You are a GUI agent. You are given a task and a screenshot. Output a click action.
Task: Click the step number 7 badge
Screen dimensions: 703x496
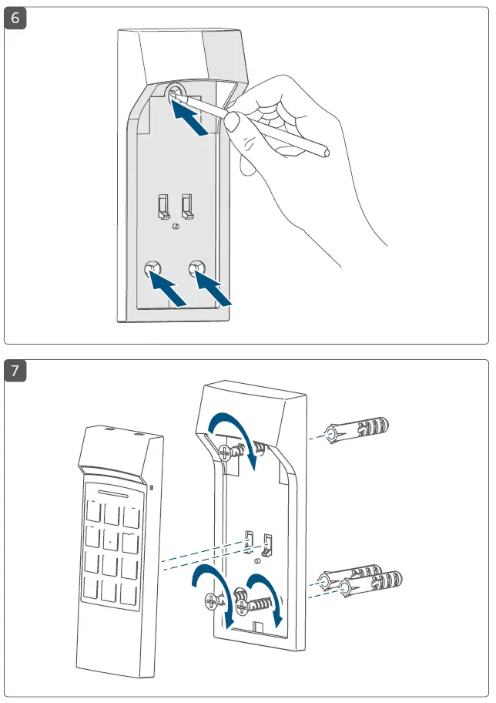[15, 372]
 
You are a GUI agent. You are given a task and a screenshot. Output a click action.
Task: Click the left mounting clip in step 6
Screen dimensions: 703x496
[163, 206]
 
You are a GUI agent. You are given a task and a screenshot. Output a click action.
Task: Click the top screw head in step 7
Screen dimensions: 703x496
[223, 453]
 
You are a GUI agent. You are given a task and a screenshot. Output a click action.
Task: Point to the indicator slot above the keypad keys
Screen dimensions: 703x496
[114, 491]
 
